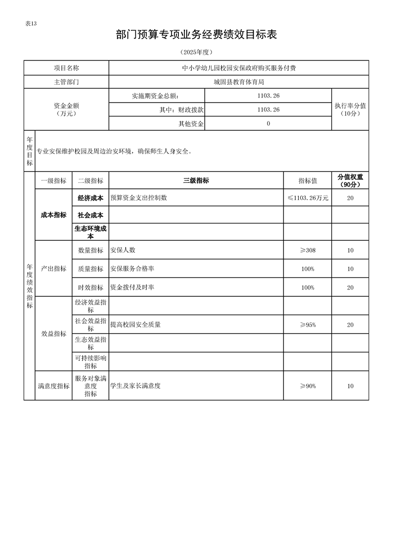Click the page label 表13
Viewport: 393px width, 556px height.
(31, 24)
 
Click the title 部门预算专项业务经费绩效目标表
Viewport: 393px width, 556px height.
(196, 35)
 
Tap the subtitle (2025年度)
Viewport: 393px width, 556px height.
(196, 52)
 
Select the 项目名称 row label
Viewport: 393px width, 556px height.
(66, 68)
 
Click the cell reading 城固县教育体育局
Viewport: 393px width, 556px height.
(238, 82)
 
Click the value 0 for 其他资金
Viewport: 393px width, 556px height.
(268, 124)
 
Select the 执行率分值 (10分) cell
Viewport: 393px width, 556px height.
(350, 110)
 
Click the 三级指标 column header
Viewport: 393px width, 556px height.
(196, 181)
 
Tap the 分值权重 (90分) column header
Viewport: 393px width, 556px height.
(350, 181)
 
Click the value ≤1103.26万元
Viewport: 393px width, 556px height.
(307, 198)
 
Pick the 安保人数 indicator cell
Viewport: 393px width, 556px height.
(123, 250)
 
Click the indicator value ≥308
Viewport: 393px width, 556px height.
(307, 250)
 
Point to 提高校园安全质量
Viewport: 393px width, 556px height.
(135, 325)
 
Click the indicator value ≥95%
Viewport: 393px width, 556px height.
(307, 325)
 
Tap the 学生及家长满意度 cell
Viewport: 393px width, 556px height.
(135, 386)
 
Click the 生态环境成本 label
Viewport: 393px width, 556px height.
(90, 232)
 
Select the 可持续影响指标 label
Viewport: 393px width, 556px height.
(90, 362)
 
